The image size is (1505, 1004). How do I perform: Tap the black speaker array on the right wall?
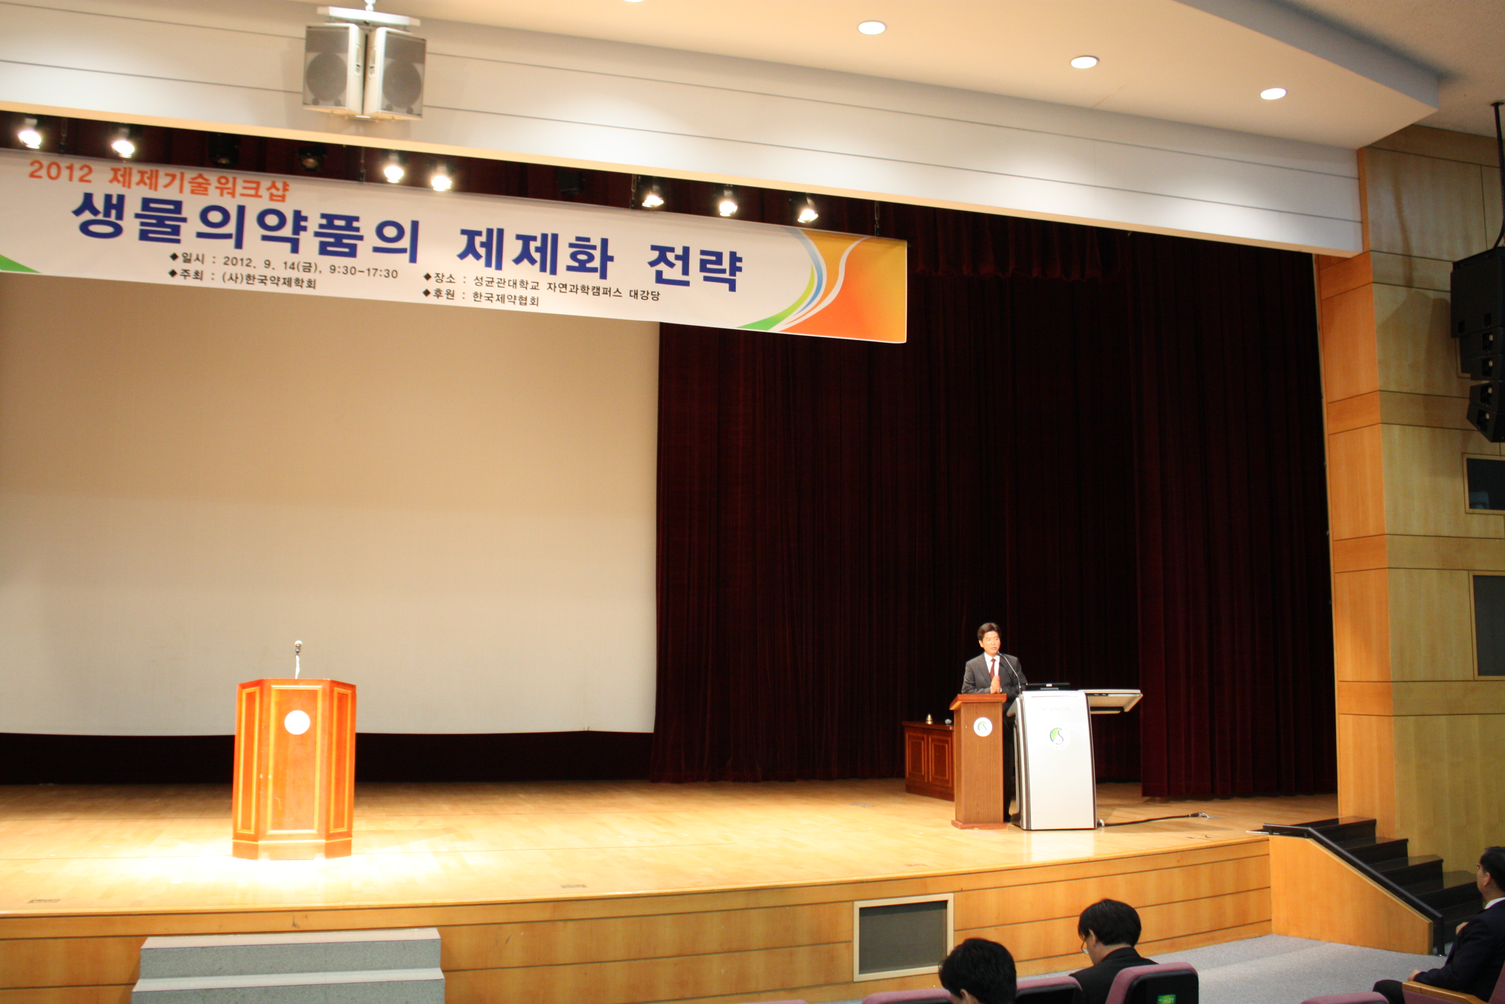point(1478,346)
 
